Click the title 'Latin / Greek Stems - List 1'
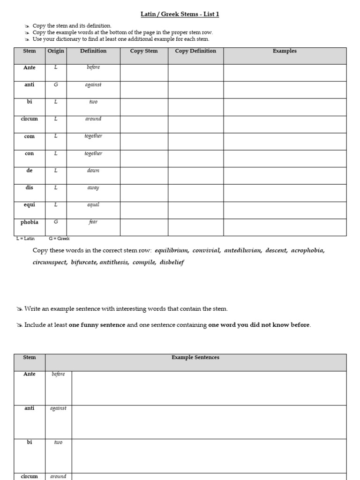point(180,14)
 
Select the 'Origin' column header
point(56,51)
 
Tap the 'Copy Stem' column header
point(144,51)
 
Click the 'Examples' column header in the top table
point(285,51)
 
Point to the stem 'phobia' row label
point(30,222)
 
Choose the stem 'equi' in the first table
point(30,205)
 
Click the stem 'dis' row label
point(30,187)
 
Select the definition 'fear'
point(93,222)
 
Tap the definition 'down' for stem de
point(93,171)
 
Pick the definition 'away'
point(93,187)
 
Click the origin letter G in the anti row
point(56,85)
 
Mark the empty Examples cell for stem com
point(285,141)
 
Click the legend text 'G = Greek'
point(59,239)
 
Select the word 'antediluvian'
point(243,250)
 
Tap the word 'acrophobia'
point(307,250)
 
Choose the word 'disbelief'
point(172,262)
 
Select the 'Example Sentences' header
point(195,358)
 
